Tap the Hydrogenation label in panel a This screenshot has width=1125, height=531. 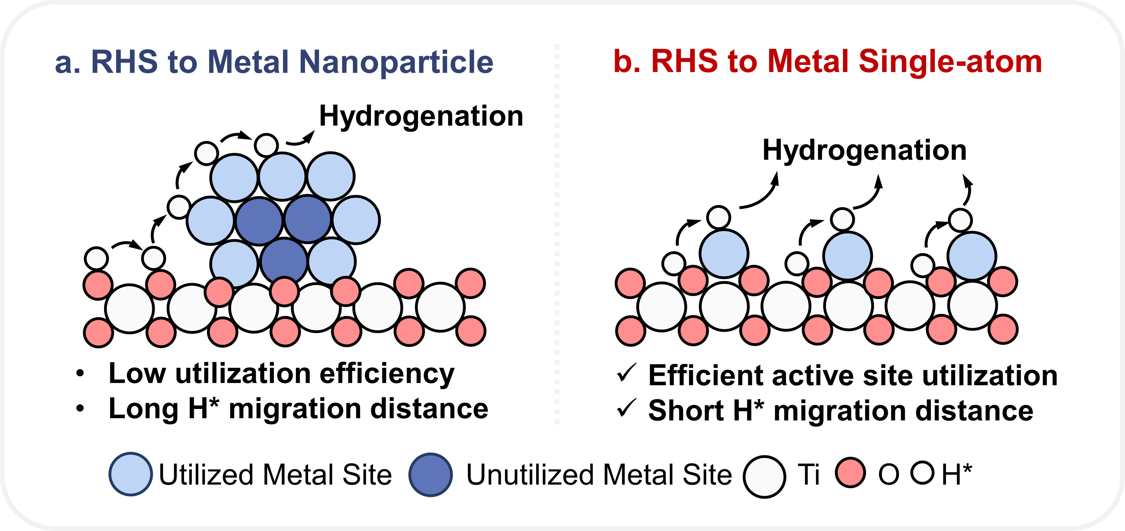pos(421,116)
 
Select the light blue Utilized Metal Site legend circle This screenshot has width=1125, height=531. pos(131,474)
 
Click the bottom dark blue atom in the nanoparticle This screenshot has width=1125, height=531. pos(284,261)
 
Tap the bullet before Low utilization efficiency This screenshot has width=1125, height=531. pos(80,374)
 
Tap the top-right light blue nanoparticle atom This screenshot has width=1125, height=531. pos(331,177)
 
